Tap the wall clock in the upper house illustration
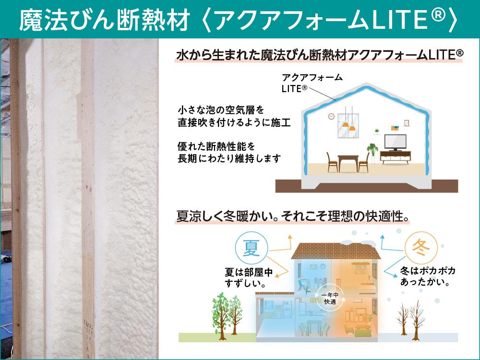(x=332, y=116)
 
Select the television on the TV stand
(x=395, y=142)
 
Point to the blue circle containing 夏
(x=252, y=248)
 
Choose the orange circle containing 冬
(x=420, y=248)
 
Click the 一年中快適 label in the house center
(x=330, y=299)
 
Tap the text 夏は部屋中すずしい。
(x=249, y=277)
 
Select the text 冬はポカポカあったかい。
(x=428, y=276)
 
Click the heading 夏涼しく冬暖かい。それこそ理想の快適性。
(x=293, y=216)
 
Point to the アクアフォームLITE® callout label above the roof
(x=312, y=83)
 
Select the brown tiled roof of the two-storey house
(x=336, y=251)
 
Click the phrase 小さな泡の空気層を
(x=221, y=110)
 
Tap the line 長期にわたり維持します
(x=229, y=158)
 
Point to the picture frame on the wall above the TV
(x=407, y=123)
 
